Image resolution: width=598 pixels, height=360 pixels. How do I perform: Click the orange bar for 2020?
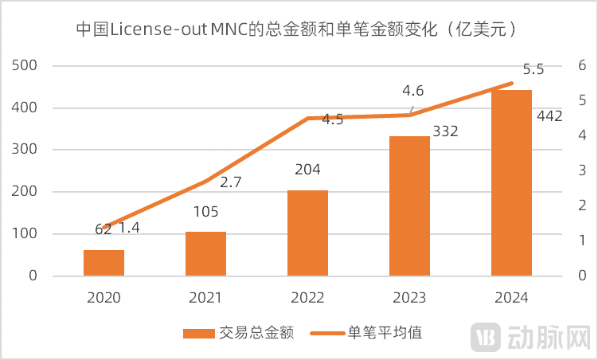[104, 263]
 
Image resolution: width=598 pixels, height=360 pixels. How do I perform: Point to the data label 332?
[446, 131]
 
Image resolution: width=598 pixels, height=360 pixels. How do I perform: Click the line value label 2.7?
[230, 182]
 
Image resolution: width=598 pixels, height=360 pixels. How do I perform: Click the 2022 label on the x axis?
[307, 297]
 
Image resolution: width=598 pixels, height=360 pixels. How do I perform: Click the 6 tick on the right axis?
[583, 65]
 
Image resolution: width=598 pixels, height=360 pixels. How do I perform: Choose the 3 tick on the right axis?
[583, 170]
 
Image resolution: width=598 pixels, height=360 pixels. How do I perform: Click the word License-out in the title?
[165, 29]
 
